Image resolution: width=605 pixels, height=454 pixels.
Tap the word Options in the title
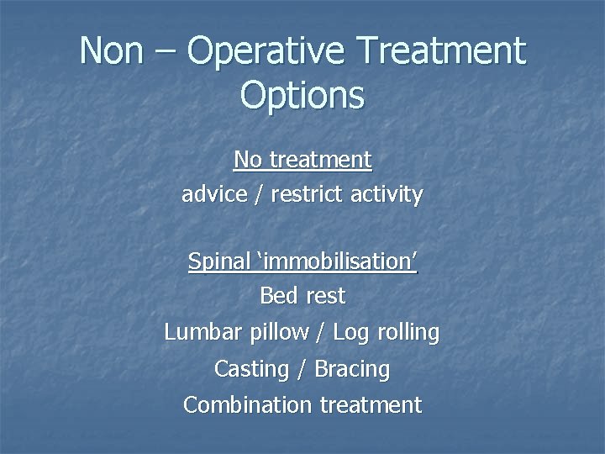(x=302, y=94)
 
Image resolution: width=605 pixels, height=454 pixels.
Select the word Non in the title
(x=110, y=51)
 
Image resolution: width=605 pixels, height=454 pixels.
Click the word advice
(x=211, y=195)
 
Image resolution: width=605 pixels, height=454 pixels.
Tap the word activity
(x=388, y=195)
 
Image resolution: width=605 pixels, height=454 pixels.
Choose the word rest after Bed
(x=326, y=296)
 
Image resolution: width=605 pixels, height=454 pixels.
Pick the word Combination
(x=247, y=404)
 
